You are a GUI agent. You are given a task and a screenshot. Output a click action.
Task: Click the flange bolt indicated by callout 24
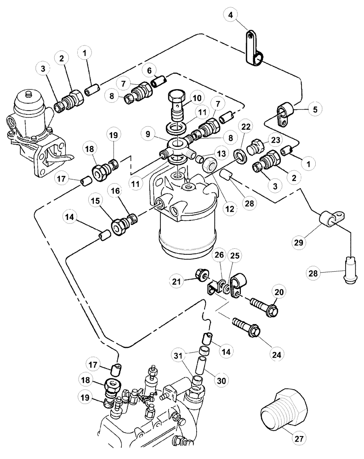(x=247, y=326)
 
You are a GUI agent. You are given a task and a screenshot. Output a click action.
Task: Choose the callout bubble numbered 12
(x=228, y=209)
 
